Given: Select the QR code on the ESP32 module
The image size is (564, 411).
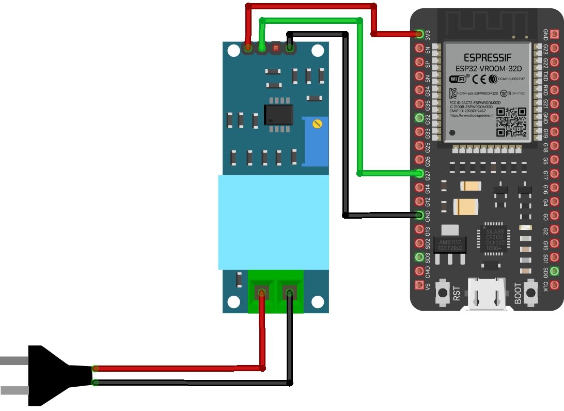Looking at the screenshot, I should tap(511, 122).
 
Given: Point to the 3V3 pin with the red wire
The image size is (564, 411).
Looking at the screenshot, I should tap(419, 34).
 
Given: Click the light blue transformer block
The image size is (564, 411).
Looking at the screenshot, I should tap(273, 222).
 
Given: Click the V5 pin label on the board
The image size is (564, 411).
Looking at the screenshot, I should tap(427, 285).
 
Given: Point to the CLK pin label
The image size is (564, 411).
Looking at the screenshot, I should tap(546, 285).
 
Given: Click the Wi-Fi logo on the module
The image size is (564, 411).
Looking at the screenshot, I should tap(457, 79).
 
